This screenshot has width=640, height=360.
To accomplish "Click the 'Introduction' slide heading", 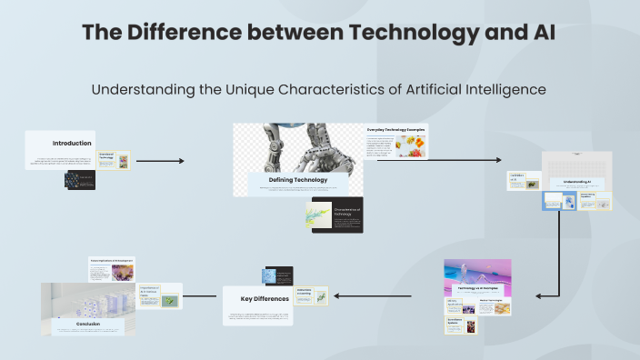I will tap(72, 144).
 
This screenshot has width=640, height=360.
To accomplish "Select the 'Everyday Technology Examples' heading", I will tap(396, 130).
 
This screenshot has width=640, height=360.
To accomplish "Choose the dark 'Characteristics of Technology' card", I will tap(337, 215).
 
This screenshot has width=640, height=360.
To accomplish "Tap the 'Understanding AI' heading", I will tap(577, 182).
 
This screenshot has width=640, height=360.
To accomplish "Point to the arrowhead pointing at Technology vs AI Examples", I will tap(541, 295).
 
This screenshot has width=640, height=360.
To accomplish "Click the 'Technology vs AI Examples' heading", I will tap(477, 286).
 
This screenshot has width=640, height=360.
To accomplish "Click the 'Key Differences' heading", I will tap(264, 298).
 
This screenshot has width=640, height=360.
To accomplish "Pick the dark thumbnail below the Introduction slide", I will tap(80, 180).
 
